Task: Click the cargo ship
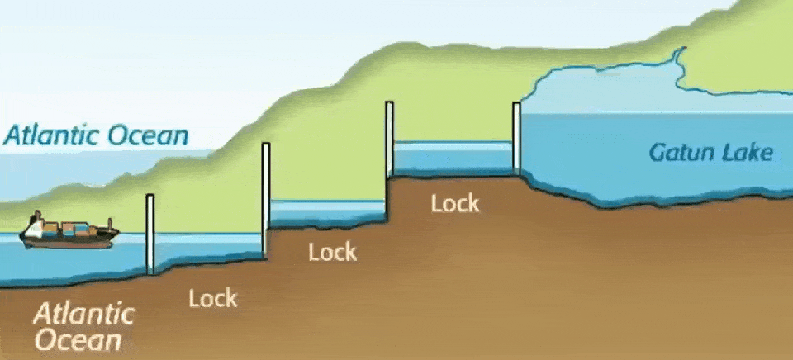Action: [x=69, y=233]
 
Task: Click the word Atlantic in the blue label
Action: [x=55, y=135]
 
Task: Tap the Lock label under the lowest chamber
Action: [x=212, y=298]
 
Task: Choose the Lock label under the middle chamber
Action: [x=332, y=252]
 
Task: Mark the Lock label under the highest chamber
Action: [x=453, y=203]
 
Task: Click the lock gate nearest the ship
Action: [x=150, y=234]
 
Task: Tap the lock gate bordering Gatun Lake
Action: [x=517, y=138]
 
